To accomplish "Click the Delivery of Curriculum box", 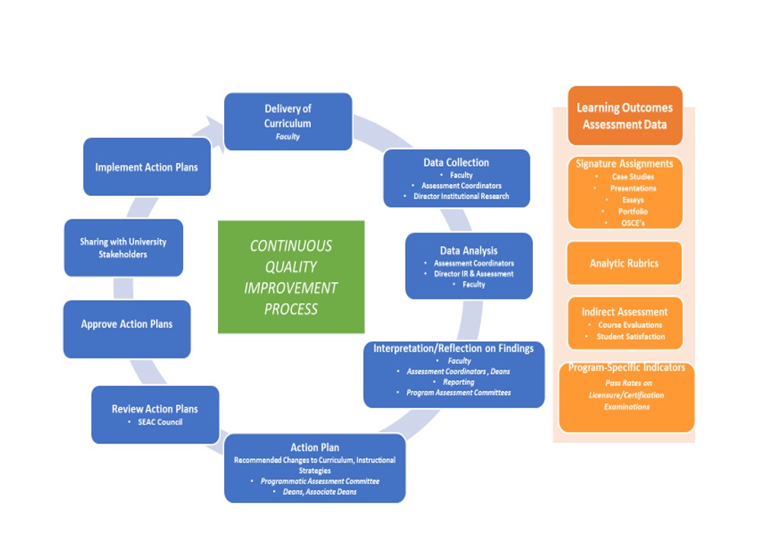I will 287,121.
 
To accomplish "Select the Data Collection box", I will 456,178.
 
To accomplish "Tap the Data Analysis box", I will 468,265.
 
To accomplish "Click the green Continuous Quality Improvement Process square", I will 290,277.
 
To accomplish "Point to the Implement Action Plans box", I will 146,167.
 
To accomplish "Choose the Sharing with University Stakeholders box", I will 123,248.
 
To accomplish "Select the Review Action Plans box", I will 155,414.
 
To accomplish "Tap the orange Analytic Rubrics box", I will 624,264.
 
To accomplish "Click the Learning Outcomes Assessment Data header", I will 624,116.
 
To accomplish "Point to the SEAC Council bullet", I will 159,422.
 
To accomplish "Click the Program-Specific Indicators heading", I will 626,367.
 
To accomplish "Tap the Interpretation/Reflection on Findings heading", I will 454,348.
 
